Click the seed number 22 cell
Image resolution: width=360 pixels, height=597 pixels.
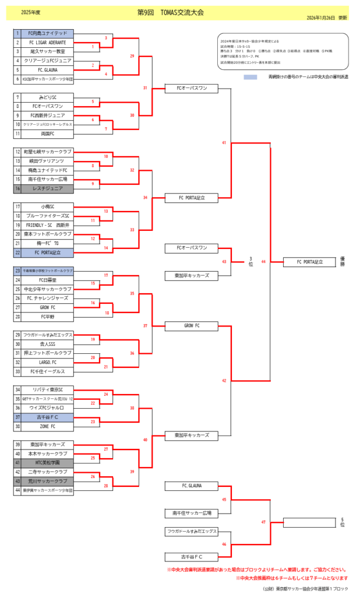[18, 252]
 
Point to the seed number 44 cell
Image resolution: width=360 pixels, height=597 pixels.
[18, 490]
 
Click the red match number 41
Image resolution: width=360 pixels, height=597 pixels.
[224, 143]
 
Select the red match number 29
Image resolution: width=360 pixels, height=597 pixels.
[132, 57]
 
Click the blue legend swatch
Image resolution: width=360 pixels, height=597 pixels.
[250, 77]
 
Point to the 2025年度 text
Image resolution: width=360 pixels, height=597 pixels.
[30, 12]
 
